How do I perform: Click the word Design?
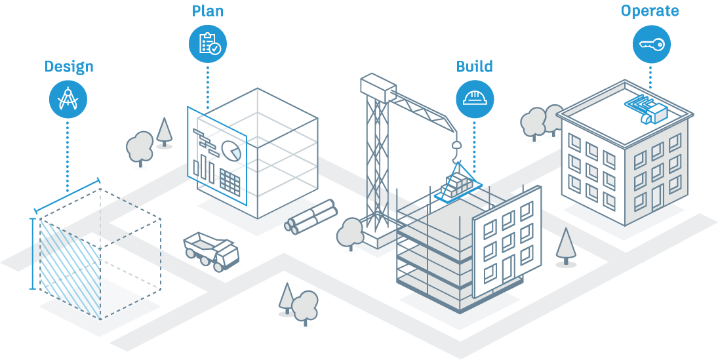pyautogui.click(x=69, y=67)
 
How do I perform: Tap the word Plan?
pyautogui.click(x=207, y=12)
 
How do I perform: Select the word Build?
pyautogui.click(x=475, y=67)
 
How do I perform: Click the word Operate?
pyautogui.click(x=650, y=11)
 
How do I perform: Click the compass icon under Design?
pyautogui.click(x=68, y=99)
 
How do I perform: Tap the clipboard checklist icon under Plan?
pyautogui.click(x=209, y=44)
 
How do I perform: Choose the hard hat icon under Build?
pyautogui.click(x=475, y=98)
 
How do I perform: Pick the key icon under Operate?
pyautogui.click(x=651, y=45)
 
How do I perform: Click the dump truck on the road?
pyautogui.click(x=211, y=250)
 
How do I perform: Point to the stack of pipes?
pyautogui.click(x=311, y=217)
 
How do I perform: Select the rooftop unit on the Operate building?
pyautogui.click(x=648, y=110)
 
